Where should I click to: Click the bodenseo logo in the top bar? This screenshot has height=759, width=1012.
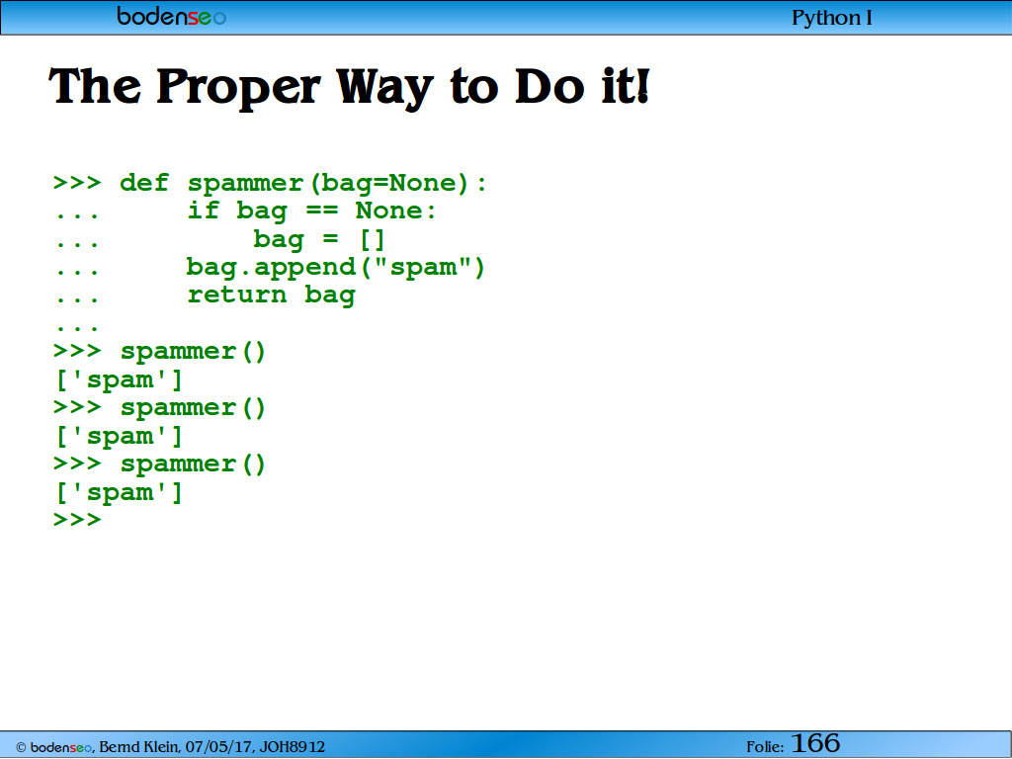click(171, 16)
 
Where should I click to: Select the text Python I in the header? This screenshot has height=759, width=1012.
click(831, 18)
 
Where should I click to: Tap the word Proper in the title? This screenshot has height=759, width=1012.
click(238, 88)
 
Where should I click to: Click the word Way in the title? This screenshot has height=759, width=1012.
click(384, 88)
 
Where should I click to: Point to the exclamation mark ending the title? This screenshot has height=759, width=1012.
click(641, 86)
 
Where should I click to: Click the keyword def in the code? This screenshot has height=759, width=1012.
click(144, 183)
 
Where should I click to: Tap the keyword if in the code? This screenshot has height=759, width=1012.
click(204, 211)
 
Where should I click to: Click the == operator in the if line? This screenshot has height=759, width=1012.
click(322, 211)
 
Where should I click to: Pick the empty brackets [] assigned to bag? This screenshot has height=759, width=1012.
click(373, 239)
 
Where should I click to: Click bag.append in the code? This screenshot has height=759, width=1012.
click(271, 267)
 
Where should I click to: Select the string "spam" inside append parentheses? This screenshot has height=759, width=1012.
click(424, 267)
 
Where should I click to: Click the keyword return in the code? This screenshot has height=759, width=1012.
click(237, 295)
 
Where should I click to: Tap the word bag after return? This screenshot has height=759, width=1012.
click(330, 295)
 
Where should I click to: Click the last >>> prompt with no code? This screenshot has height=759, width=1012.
click(77, 519)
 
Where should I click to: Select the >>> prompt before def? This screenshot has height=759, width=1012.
click(77, 183)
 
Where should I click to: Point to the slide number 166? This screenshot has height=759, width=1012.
click(815, 743)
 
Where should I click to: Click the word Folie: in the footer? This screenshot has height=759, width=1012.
click(765, 747)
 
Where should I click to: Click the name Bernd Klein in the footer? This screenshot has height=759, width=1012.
click(138, 747)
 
